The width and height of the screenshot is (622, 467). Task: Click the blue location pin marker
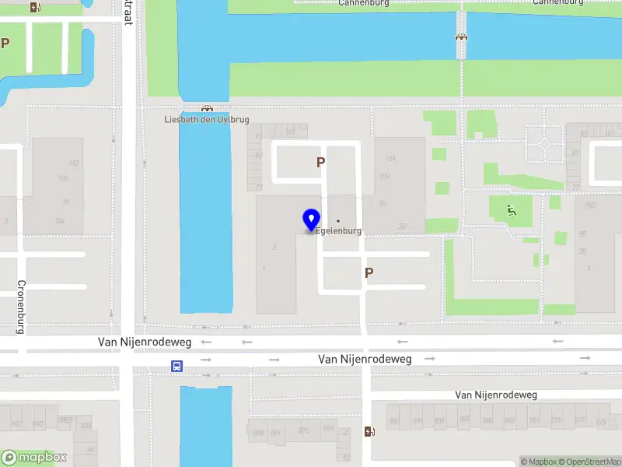[x=312, y=219]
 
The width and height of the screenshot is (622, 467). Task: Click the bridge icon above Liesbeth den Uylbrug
[x=207, y=108]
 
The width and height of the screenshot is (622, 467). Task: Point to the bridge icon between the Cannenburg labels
[x=461, y=36]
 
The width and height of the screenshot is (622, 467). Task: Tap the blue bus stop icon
[x=178, y=365]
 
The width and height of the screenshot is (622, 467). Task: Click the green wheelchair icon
[x=510, y=209]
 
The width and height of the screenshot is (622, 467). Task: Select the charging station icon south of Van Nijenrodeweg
[x=369, y=431]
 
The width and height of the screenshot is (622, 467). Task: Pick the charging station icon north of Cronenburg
[x=35, y=7]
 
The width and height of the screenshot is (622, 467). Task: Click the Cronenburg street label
[x=21, y=307]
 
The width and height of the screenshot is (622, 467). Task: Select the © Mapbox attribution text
[x=538, y=462]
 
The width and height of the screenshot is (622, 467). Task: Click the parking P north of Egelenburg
[x=320, y=163]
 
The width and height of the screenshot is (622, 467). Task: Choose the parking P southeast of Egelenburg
[x=369, y=272]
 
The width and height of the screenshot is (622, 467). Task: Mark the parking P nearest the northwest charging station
[x=5, y=44]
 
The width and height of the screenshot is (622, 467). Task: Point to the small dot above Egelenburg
[x=338, y=221]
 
